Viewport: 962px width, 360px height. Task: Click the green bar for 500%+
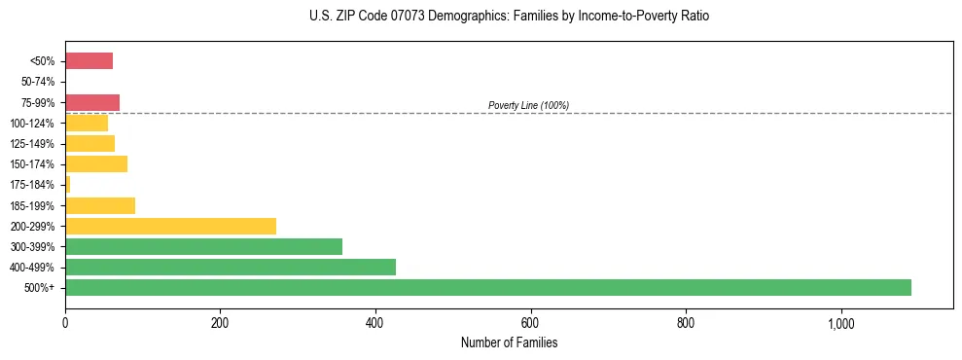(x=487, y=287)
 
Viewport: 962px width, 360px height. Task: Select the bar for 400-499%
(x=231, y=267)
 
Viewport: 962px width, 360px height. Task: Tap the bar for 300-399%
(x=203, y=246)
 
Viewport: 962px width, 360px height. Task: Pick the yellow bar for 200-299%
(x=170, y=226)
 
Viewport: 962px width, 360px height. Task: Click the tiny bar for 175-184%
(x=67, y=185)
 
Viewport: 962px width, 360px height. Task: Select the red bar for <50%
(x=89, y=61)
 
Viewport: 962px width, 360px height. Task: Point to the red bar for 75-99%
(x=92, y=102)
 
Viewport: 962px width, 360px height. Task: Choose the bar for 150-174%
(x=96, y=163)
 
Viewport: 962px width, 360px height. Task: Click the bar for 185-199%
(x=100, y=205)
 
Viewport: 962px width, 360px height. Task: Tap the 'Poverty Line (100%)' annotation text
(x=528, y=105)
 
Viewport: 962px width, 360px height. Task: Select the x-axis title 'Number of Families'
(x=510, y=343)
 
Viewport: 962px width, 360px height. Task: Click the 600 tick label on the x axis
(x=530, y=323)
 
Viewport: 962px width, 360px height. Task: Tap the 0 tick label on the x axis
(x=65, y=323)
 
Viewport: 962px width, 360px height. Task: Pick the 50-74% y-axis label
(x=38, y=82)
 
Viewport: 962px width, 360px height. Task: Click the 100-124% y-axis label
(x=33, y=124)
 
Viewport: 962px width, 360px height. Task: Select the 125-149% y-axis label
(x=33, y=144)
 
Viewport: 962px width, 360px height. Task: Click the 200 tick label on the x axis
(x=220, y=323)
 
